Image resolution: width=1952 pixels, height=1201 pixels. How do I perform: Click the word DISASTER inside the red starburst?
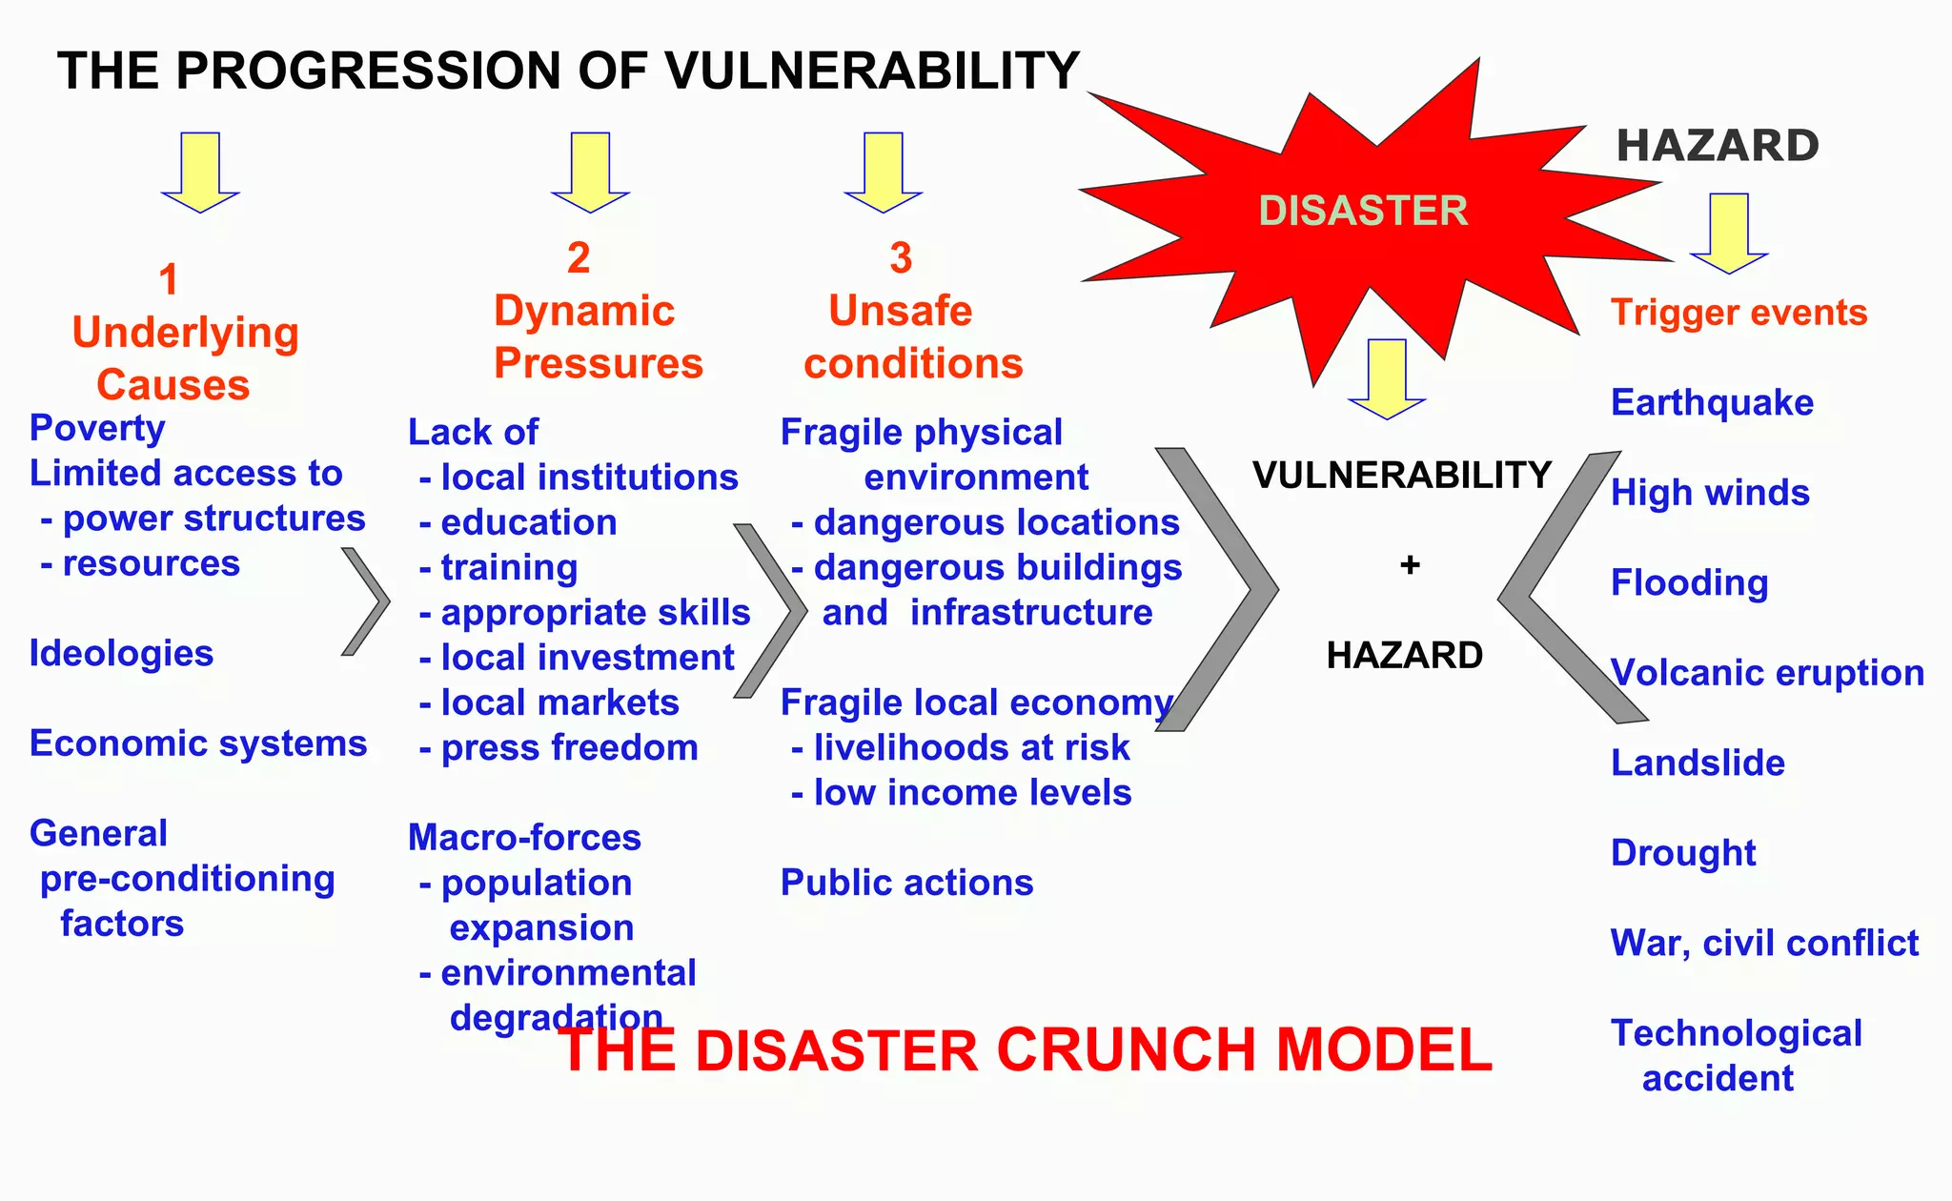1363,211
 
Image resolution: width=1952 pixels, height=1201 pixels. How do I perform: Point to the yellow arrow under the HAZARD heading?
1729,233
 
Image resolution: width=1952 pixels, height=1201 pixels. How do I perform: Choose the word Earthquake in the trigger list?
1712,402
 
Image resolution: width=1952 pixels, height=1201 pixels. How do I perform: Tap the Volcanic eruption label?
1767,673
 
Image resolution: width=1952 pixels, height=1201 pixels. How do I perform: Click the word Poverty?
97,428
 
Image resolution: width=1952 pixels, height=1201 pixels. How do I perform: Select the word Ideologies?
121,654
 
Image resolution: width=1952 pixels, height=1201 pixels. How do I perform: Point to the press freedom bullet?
569,748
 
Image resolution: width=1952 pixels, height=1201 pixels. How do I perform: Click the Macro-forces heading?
524,838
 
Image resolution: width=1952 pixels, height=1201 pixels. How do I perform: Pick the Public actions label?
906,883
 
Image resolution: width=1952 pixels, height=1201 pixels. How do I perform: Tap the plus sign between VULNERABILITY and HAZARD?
1410,565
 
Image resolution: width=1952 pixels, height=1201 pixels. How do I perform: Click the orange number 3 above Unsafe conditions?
901,258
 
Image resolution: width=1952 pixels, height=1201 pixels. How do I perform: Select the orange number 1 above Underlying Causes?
169,280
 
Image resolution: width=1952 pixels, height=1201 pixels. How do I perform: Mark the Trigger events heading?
1738,313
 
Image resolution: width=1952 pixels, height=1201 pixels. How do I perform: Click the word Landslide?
1698,763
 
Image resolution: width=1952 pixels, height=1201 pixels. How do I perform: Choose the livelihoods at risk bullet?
970,748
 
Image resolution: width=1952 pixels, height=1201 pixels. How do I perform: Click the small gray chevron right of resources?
366,601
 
